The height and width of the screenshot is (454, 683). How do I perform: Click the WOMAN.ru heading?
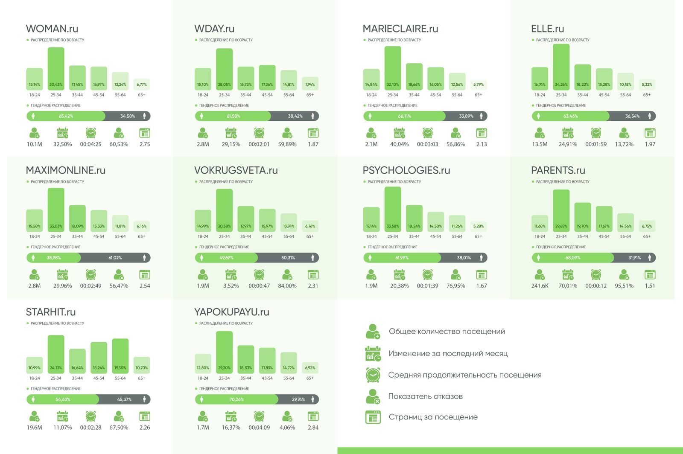52,29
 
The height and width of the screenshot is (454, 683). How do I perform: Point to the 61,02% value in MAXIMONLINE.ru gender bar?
115,258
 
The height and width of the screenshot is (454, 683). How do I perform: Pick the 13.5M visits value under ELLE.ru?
540,144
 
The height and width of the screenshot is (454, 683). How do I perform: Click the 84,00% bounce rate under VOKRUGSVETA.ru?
287,286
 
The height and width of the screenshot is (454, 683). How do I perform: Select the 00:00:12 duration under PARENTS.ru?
596,286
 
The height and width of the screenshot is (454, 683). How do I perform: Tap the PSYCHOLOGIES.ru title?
406,171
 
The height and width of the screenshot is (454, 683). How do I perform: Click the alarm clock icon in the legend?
373,375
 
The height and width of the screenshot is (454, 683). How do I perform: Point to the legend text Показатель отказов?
425,396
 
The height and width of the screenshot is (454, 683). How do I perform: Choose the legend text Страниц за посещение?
433,417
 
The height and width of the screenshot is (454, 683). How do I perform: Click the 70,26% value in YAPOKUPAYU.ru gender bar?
236,399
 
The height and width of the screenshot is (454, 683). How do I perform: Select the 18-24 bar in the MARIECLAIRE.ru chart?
371,79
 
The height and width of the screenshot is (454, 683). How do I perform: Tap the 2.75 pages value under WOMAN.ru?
145,144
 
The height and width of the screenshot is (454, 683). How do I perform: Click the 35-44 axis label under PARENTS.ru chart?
582,236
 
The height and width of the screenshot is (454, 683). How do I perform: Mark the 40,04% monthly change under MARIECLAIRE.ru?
399,144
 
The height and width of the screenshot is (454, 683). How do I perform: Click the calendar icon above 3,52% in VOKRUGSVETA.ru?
231,274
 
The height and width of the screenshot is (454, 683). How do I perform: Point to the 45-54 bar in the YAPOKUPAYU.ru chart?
267,361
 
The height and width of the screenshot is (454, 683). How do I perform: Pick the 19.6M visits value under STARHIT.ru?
35,428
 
